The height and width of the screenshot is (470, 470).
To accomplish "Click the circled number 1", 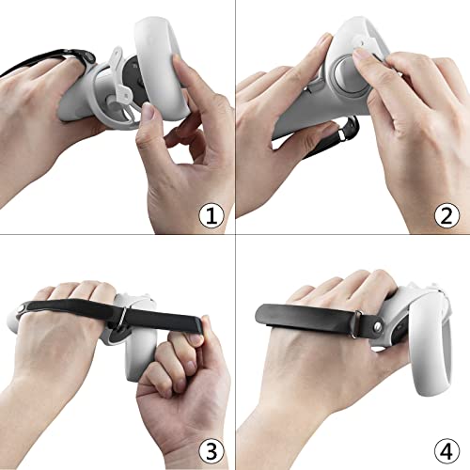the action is click(211, 215).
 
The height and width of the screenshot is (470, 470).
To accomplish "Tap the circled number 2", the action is click(446, 215).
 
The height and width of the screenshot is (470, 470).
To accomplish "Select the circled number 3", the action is click(211, 451).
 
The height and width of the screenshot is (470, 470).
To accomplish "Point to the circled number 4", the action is click(446, 451).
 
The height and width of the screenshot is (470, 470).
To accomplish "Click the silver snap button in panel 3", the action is click(21, 308).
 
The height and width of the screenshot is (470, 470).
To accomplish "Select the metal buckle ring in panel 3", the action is click(121, 318).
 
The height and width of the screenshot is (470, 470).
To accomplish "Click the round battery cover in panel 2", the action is click(351, 74).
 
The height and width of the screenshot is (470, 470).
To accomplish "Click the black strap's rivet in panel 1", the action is click(89, 57).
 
